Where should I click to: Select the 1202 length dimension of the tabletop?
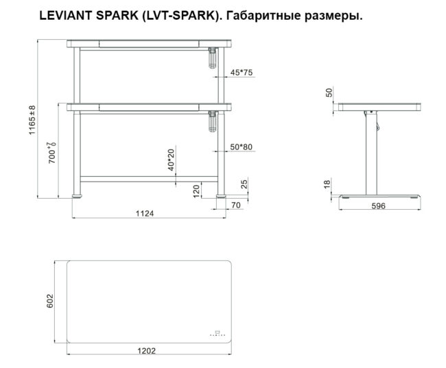(x=147, y=350)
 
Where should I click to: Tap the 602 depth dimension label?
(x=49, y=302)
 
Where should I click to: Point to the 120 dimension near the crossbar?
(x=196, y=189)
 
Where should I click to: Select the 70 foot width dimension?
(x=235, y=205)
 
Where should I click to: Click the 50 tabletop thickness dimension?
(x=329, y=93)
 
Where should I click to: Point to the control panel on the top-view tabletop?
(x=218, y=334)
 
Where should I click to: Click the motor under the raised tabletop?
(x=211, y=58)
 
